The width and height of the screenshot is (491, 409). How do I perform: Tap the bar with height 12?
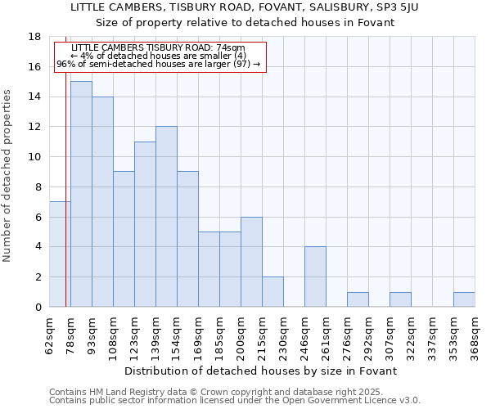(x=166, y=217)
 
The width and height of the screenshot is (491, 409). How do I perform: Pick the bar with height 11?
(x=145, y=224)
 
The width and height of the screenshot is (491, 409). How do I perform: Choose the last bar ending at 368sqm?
(x=464, y=299)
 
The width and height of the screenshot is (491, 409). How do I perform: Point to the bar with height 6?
(x=251, y=262)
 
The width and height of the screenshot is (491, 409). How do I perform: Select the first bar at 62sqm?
(x=60, y=254)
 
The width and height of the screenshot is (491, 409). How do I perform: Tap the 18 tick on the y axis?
(x=35, y=37)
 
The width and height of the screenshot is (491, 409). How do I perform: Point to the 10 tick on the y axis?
(x=35, y=157)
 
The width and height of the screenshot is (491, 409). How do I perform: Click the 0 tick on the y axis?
(x=38, y=308)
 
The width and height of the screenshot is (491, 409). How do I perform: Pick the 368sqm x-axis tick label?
(x=475, y=335)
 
